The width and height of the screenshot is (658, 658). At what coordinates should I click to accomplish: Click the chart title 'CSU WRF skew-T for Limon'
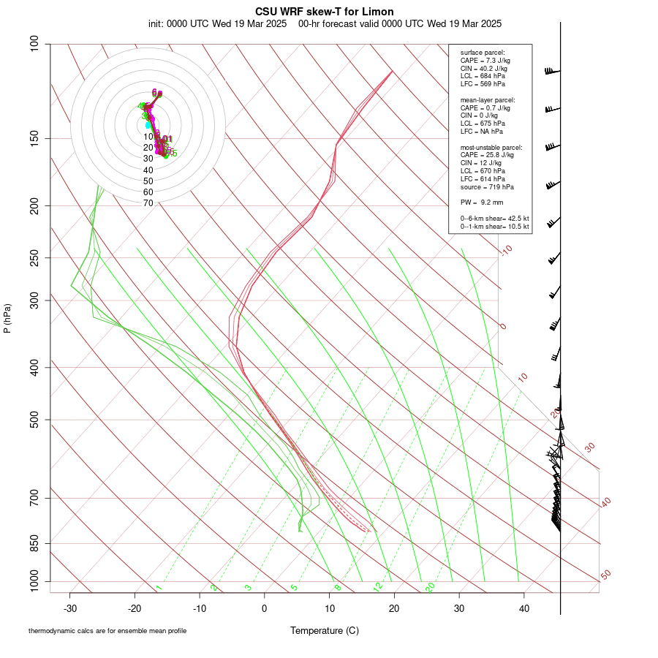click(325, 12)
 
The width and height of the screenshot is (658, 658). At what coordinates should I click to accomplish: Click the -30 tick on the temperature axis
click(70, 608)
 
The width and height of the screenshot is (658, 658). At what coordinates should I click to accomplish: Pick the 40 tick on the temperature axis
click(524, 608)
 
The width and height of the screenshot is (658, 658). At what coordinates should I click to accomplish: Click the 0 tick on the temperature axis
click(265, 608)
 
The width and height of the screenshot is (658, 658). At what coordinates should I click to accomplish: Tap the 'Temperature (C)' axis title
click(325, 630)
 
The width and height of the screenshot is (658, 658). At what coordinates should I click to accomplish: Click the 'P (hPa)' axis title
click(7, 318)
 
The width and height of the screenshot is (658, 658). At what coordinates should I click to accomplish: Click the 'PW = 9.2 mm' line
click(482, 202)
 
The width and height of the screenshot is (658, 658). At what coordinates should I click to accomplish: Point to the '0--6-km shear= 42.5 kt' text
click(495, 219)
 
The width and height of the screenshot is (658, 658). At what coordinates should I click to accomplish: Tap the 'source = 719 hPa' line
click(485, 187)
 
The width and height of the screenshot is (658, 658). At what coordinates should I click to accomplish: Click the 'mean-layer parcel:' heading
click(488, 99)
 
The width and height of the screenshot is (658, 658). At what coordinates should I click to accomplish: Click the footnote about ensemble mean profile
click(107, 631)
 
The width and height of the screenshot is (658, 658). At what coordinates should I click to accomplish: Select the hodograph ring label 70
click(148, 203)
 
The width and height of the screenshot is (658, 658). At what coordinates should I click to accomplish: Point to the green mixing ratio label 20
click(431, 587)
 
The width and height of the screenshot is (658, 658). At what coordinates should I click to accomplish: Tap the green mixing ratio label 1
click(159, 587)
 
